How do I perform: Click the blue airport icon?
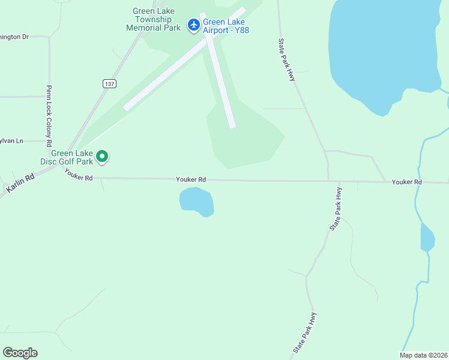pyautogui.click(x=193, y=25)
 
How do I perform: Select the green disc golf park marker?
pyautogui.click(x=102, y=157)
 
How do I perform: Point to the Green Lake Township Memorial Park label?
pyautogui.click(x=153, y=19)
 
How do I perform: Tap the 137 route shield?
pyautogui.click(x=109, y=83)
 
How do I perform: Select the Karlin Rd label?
pyautogui.click(x=20, y=181)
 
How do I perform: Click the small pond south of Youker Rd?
pyautogui.click(x=196, y=201)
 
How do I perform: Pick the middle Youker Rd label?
pyautogui.click(x=191, y=179)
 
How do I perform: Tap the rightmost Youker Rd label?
pyautogui.click(x=407, y=182)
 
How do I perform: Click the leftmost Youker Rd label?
pyautogui.click(x=79, y=178)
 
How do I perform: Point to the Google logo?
pyautogui.click(x=20, y=353)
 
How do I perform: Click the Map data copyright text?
pyautogui.click(x=423, y=355)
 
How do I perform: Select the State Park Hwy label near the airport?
pyautogui.click(x=287, y=61)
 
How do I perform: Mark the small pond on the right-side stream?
pyautogui.click(x=427, y=238)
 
